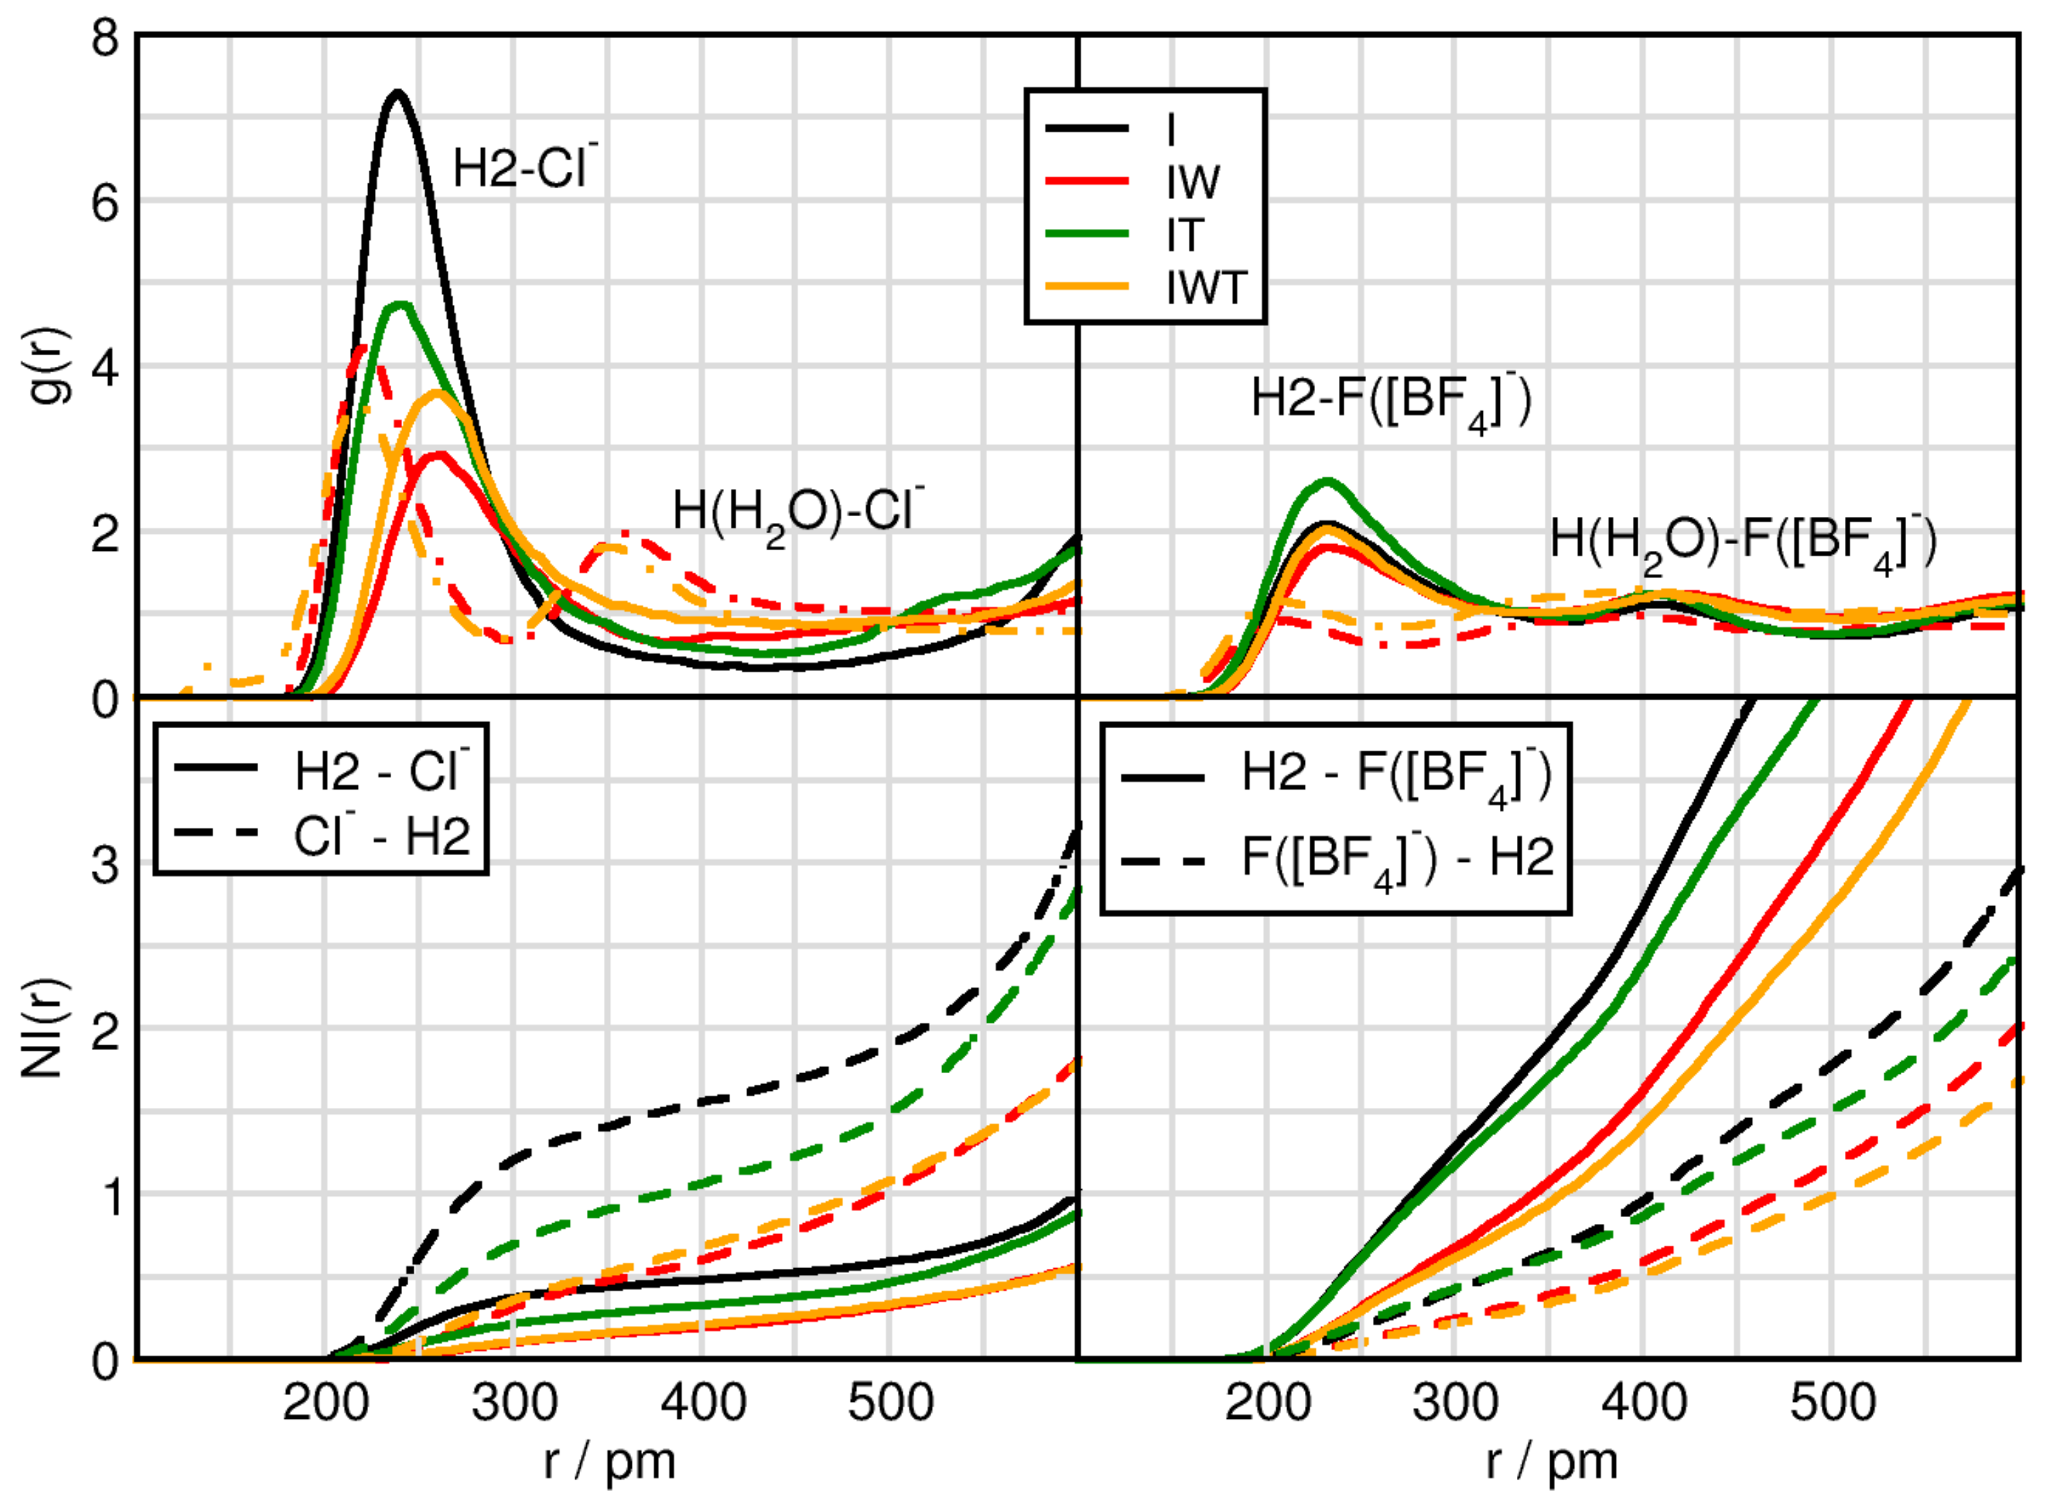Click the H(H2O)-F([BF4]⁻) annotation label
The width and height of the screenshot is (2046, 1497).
1742,543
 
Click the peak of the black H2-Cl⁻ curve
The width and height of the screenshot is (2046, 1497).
397,92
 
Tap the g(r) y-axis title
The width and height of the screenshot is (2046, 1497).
54,366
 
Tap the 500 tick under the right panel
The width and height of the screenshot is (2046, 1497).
1832,1404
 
